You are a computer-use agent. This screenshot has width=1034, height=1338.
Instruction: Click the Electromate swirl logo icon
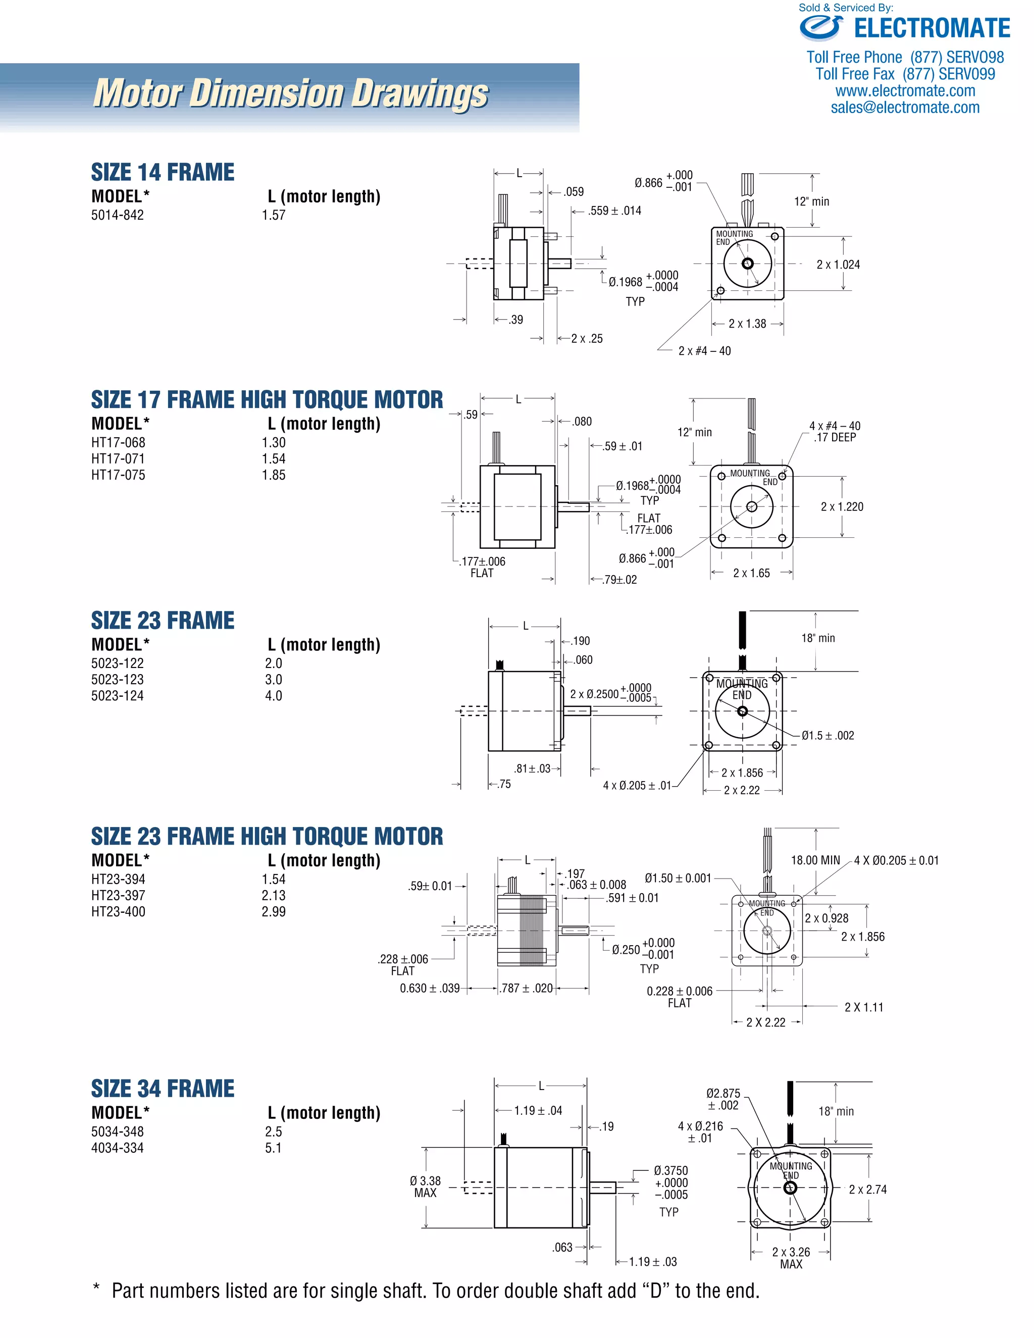pyautogui.click(x=821, y=28)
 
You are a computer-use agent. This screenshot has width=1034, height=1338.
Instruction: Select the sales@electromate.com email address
pyautogui.click(x=905, y=108)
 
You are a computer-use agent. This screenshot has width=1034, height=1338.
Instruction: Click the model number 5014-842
pyautogui.click(x=118, y=215)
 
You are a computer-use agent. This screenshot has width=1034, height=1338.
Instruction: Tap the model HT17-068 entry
pyautogui.click(x=118, y=442)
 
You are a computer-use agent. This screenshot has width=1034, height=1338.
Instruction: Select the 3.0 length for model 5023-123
pyautogui.click(x=273, y=680)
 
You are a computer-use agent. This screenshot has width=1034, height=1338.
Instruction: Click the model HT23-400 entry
pyautogui.click(x=118, y=911)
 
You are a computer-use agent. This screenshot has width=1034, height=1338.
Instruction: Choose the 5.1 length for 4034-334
pyautogui.click(x=273, y=1148)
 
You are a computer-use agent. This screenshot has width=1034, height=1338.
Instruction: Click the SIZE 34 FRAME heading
pyautogui.click(x=163, y=1089)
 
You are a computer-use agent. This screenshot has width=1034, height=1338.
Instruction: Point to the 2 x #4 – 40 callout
pyautogui.click(x=704, y=351)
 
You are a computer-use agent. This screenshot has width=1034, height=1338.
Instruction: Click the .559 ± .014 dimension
pyautogui.click(x=614, y=211)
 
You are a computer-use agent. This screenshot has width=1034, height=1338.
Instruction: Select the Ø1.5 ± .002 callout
pyautogui.click(x=828, y=736)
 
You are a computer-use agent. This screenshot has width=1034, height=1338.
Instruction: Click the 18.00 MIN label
pyautogui.click(x=815, y=860)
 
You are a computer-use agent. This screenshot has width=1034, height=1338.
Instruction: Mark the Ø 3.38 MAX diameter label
pyautogui.click(x=425, y=1187)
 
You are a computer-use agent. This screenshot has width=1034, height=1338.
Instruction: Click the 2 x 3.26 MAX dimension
pyautogui.click(x=791, y=1258)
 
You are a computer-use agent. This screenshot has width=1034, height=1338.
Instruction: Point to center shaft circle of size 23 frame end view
pyautogui.click(x=742, y=711)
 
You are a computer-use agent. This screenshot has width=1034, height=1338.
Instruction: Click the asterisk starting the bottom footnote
pyautogui.click(x=96, y=1289)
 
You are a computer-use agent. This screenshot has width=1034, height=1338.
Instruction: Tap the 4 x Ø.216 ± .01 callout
pyautogui.click(x=700, y=1132)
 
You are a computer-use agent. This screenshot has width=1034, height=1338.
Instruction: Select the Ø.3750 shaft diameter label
pyautogui.click(x=671, y=1170)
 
